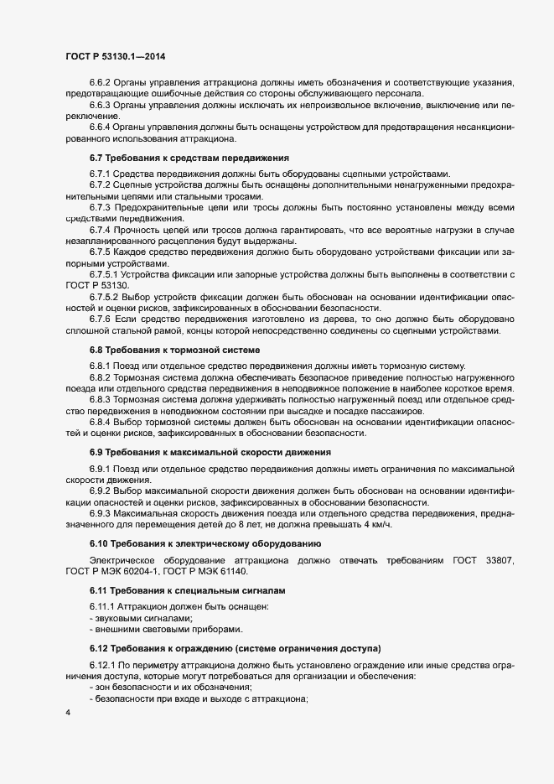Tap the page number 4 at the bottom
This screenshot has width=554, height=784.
coord(67,714)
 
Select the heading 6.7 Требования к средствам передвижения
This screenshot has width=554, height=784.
coord(189,157)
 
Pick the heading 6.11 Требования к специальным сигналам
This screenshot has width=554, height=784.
coord(182,590)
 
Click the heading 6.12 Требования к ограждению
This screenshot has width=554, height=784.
coord(236,648)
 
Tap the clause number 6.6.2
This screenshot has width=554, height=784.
coord(102,82)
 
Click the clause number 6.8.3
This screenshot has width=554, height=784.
coord(102,398)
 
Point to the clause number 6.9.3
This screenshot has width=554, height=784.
coord(102,512)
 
